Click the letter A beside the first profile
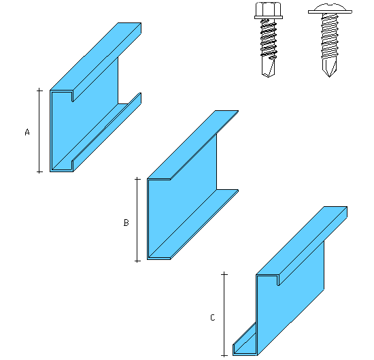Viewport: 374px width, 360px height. (x=27, y=132)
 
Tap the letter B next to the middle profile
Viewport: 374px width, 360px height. (x=126, y=223)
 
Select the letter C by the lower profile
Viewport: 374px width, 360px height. (x=213, y=318)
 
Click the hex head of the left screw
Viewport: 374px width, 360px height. (x=269, y=9)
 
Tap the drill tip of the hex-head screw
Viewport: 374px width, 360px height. (x=268, y=67)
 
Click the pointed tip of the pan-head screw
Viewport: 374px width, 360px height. (x=329, y=77)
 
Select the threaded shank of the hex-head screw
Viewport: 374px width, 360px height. (x=269, y=38)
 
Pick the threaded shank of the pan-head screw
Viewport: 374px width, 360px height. (x=330, y=36)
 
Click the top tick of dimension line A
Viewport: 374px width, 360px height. (x=39, y=91)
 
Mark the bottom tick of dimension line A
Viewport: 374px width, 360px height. (x=39, y=171)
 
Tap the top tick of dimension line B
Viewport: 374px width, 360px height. (x=137, y=179)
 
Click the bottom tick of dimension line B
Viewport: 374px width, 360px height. (x=137, y=261)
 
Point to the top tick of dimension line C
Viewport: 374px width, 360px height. (x=224, y=274)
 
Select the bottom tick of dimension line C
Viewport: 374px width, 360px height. (x=224, y=356)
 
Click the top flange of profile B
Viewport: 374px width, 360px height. (x=192, y=145)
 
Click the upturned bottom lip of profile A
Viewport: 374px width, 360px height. (x=107, y=132)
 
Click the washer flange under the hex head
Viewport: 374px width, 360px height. (x=269, y=18)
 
